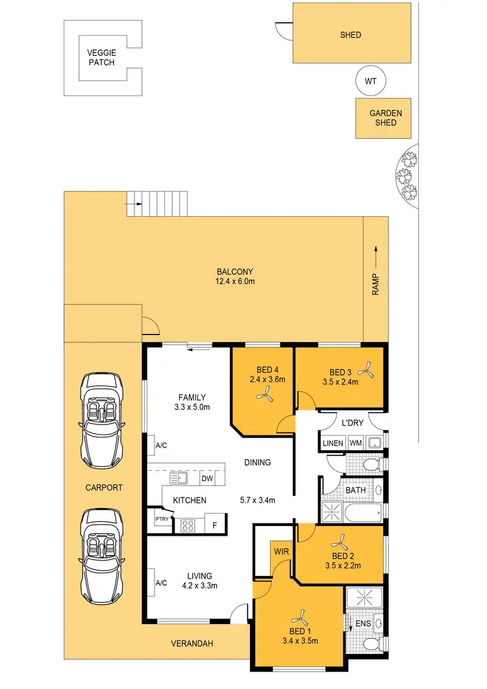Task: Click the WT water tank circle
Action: [x=371, y=81]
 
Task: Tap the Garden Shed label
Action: [x=386, y=118]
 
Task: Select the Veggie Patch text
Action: [x=101, y=58]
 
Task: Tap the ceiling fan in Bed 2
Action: [x=340, y=540]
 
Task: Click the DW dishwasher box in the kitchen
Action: [x=206, y=479]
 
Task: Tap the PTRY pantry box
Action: [x=162, y=520]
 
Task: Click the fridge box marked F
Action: [x=214, y=523]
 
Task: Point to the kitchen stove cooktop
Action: [x=188, y=525]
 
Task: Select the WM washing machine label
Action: [x=355, y=443]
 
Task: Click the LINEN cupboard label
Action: [x=332, y=443]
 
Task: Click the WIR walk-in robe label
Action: [x=281, y=551]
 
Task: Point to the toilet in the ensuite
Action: [x=371, y=643]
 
